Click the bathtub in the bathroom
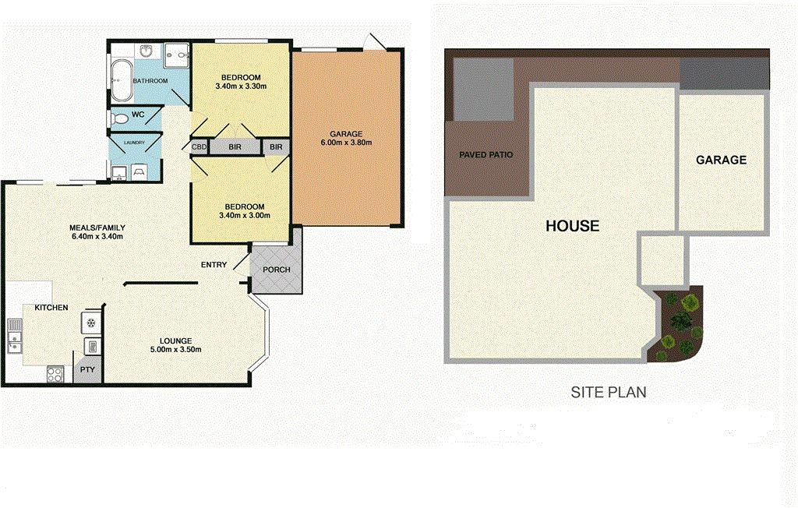tap(122, 81)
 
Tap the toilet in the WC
tap(119, 119)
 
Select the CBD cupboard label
tap(199, 146)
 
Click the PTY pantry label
tap(87, 370)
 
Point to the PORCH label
tap(276, 270)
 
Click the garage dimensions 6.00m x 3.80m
tap(346, 143)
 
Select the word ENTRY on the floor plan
tap(214, 265)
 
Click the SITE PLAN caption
tap(609, 393)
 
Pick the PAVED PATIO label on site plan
tap(486, 155)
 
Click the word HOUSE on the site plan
tap(572, 226)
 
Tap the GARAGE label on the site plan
tap(721, 160)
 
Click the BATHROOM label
tap(150, 81)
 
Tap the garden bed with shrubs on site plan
tap(679, 324)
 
